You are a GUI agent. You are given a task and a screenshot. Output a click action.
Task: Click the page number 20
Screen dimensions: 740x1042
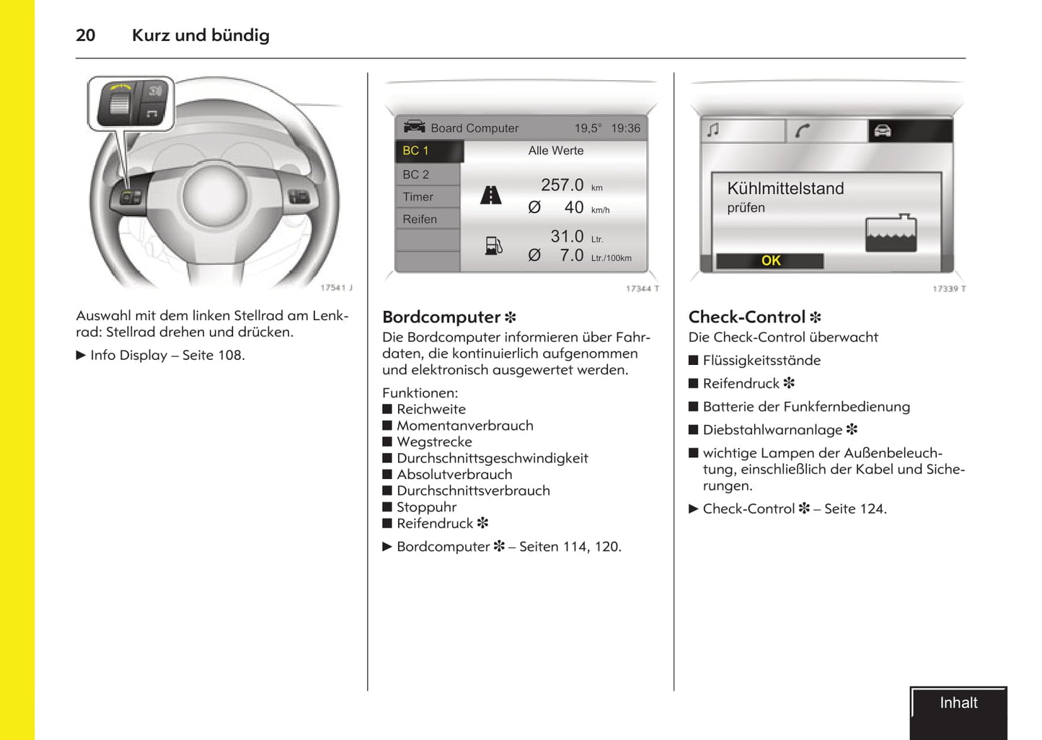pos(85,35)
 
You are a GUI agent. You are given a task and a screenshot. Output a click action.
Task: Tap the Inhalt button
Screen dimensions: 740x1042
pos(958,704)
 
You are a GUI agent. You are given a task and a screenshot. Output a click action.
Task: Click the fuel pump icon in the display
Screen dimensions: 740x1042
pos(494,246)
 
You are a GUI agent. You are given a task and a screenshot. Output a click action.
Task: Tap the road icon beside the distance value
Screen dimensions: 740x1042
pos(491,195)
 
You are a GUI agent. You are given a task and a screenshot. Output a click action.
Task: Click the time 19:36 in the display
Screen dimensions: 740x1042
pos(625,128)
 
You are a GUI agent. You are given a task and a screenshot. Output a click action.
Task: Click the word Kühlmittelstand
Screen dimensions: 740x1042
pos(785,189)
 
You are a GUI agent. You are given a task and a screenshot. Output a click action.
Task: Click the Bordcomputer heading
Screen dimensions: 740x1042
pos(441,317)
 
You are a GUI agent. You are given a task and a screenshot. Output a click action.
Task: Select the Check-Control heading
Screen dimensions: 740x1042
pos(747,317)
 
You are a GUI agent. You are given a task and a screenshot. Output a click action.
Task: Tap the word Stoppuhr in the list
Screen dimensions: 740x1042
pos(426,507)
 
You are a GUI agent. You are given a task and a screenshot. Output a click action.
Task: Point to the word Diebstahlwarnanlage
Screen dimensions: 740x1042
pos(772,430)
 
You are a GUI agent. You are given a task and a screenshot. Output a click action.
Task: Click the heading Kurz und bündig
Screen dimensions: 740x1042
pos(200,35)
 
